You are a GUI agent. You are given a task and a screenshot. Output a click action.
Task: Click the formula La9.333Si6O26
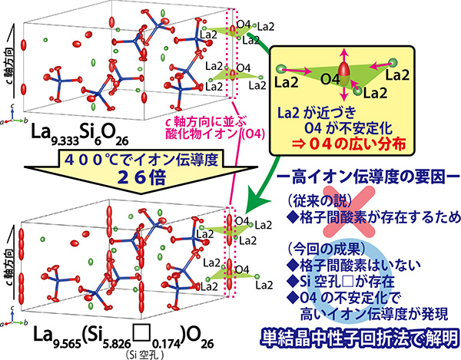click(80, 135)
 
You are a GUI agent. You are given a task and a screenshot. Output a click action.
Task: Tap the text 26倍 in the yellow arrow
click(142, 177)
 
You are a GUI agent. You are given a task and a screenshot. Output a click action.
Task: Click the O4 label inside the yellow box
click(330, 80)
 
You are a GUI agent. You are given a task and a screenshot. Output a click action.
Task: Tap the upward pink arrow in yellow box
click(343, 55)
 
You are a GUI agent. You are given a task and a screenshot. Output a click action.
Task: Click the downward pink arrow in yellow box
click(343, 94)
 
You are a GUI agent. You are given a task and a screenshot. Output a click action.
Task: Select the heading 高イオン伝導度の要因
click(368, 177)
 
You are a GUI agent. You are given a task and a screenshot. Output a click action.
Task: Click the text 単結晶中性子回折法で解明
click(360, 338)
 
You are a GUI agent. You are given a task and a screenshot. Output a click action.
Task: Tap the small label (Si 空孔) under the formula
click(144, 355)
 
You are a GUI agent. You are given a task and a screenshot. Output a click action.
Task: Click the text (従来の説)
click(319, 201)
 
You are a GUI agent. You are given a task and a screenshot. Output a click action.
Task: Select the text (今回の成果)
click(327, 249)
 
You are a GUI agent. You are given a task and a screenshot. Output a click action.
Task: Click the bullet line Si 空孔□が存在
click(341, 281)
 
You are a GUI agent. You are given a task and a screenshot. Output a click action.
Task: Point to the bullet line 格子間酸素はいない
click(353, 265)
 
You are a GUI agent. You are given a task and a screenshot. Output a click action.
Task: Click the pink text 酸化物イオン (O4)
click(215, 134)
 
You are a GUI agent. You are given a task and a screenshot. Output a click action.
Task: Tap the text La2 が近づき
click(317, 113)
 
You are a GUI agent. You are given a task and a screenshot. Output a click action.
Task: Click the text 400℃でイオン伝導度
click(141, 160)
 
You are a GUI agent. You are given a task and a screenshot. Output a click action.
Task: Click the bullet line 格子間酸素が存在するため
click(373, 217)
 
